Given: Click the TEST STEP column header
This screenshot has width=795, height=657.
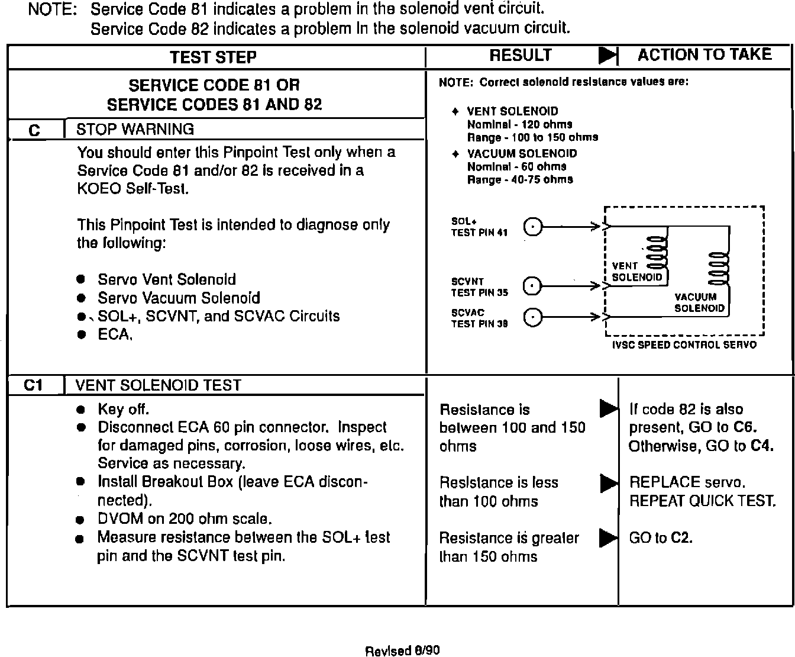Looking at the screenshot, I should pyautogui.click(x=213, y=57).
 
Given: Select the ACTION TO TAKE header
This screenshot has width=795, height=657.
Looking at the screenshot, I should pyautogui.click(x=704, y=55).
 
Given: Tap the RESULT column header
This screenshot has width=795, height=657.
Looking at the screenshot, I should pyautogui.click(x=520, y=56).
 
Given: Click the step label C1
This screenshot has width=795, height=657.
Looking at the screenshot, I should pyautogui.click(x=34, y=385).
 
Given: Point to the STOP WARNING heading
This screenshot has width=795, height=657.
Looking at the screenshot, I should pyautogui.click(x=135, y=129).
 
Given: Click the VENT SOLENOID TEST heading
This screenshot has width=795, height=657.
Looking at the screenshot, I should pyautogui.click(x=158, y=385).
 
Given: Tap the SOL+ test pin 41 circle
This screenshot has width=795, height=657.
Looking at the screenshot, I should pyautogui.click(x=533, y=227).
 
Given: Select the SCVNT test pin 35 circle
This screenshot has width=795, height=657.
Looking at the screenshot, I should pyautogui.click(x=533, y=286).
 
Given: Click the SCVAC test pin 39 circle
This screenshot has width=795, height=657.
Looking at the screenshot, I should pyautogui.click(x=533, y=318).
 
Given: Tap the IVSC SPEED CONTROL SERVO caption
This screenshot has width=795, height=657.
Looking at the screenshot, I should pyautogui.click(x=684, y=344).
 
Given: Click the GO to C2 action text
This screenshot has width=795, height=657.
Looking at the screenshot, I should pyautogui.click(x=661, y=537).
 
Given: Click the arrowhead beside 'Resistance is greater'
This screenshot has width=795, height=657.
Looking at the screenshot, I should pyautogui.click(x=608, y=538).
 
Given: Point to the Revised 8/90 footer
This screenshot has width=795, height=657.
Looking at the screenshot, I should pyautogui.click(x=402, y=650).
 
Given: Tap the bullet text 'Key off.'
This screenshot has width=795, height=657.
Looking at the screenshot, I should pyautogui.click(x=123, y=409).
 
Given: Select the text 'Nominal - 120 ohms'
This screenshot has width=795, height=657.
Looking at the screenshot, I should pyautogui.click(x=519, y=124).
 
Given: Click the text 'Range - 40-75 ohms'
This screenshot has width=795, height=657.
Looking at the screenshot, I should pyautogui.click(x=519, y=179).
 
